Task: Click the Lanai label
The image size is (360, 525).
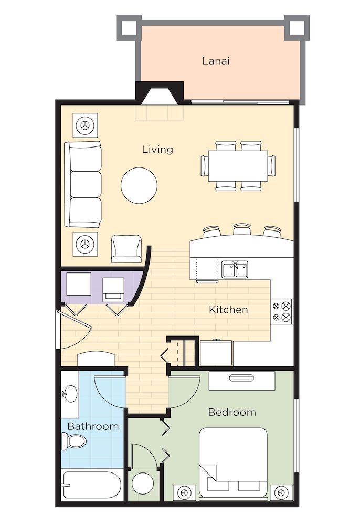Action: point(216,61)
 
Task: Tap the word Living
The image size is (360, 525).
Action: point(157,150)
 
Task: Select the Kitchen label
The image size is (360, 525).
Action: point(228,310)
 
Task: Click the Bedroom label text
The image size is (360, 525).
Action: point(232,412)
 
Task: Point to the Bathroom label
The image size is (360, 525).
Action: point(93,426)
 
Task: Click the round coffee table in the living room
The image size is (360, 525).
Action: point(139,185)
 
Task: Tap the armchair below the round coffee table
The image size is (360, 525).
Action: point(126,248)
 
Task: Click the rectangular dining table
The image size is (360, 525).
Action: point(238,166)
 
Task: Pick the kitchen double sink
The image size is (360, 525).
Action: point(235,270)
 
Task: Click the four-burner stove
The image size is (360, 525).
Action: point(282,311)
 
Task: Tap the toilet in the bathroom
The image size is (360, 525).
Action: point(73,441)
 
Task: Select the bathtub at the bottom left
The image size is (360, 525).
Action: point(91,486)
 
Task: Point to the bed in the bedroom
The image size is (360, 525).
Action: point(233,462)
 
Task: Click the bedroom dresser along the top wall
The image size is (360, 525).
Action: point(241,381)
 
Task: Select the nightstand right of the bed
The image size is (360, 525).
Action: point(281,493)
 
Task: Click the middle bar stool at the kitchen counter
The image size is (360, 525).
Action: point(242,230)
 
